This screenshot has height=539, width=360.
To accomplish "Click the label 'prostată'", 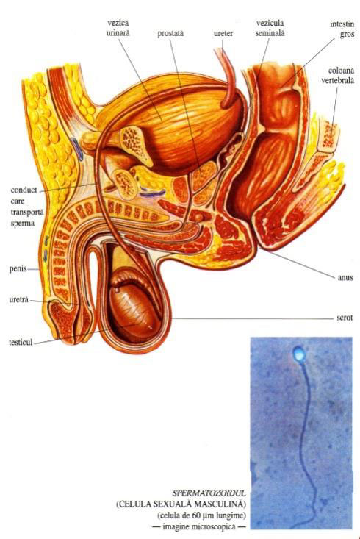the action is point(170,34).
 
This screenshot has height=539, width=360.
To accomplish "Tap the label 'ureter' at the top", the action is point(223,33).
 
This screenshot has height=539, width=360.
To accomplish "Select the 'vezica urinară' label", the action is point(118,28).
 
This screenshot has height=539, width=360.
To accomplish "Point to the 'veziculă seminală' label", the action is point(270,28).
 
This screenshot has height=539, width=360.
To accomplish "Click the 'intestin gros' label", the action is point(342,29).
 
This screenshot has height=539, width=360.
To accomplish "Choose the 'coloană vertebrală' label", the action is point(338,76).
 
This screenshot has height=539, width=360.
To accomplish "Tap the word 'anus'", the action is point(345,277).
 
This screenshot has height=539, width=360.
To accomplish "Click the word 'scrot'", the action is point(345,318).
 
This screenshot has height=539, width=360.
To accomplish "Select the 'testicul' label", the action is point(21,342).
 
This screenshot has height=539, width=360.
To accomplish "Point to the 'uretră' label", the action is point(18,299).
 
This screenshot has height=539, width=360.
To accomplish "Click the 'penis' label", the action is point(18,268).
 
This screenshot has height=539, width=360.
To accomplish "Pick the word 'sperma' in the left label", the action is point(22,224).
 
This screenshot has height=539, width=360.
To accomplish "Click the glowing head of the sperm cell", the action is point(298,354).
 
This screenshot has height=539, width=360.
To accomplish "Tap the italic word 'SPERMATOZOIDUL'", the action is point(209,493).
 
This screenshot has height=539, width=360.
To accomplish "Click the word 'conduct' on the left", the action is point(24,190).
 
